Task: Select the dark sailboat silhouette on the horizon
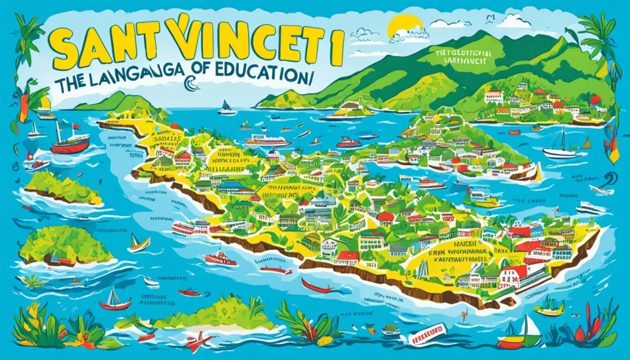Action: tap(227, 108)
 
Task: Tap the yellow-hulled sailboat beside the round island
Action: tap(139, 244)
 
